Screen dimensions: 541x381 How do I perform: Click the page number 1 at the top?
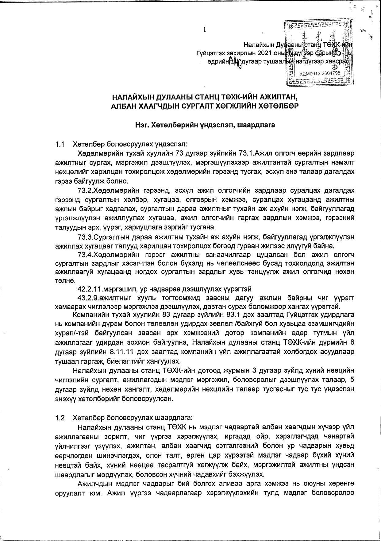point(204,29)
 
